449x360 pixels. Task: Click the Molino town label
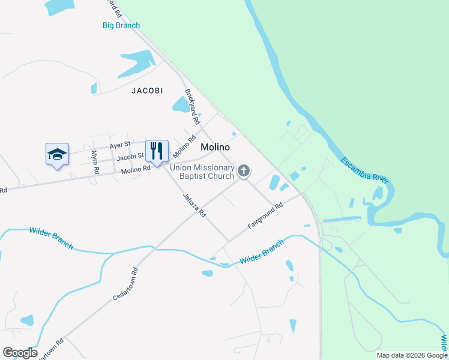216,147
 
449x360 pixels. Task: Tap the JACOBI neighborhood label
147,91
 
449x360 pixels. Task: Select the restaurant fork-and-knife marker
157,151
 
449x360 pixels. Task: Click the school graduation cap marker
57,154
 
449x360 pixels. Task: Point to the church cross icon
244,171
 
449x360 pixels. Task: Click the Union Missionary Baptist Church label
202,172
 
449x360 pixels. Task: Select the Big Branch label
121,25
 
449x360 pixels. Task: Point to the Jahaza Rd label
194,204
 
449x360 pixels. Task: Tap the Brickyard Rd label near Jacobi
192,107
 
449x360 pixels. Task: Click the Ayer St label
119,146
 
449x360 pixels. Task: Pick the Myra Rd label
95,162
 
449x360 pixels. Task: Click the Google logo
20,353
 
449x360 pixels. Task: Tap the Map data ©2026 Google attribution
412,355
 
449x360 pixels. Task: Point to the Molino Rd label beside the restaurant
135,169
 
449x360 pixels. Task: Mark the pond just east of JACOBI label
181,105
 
